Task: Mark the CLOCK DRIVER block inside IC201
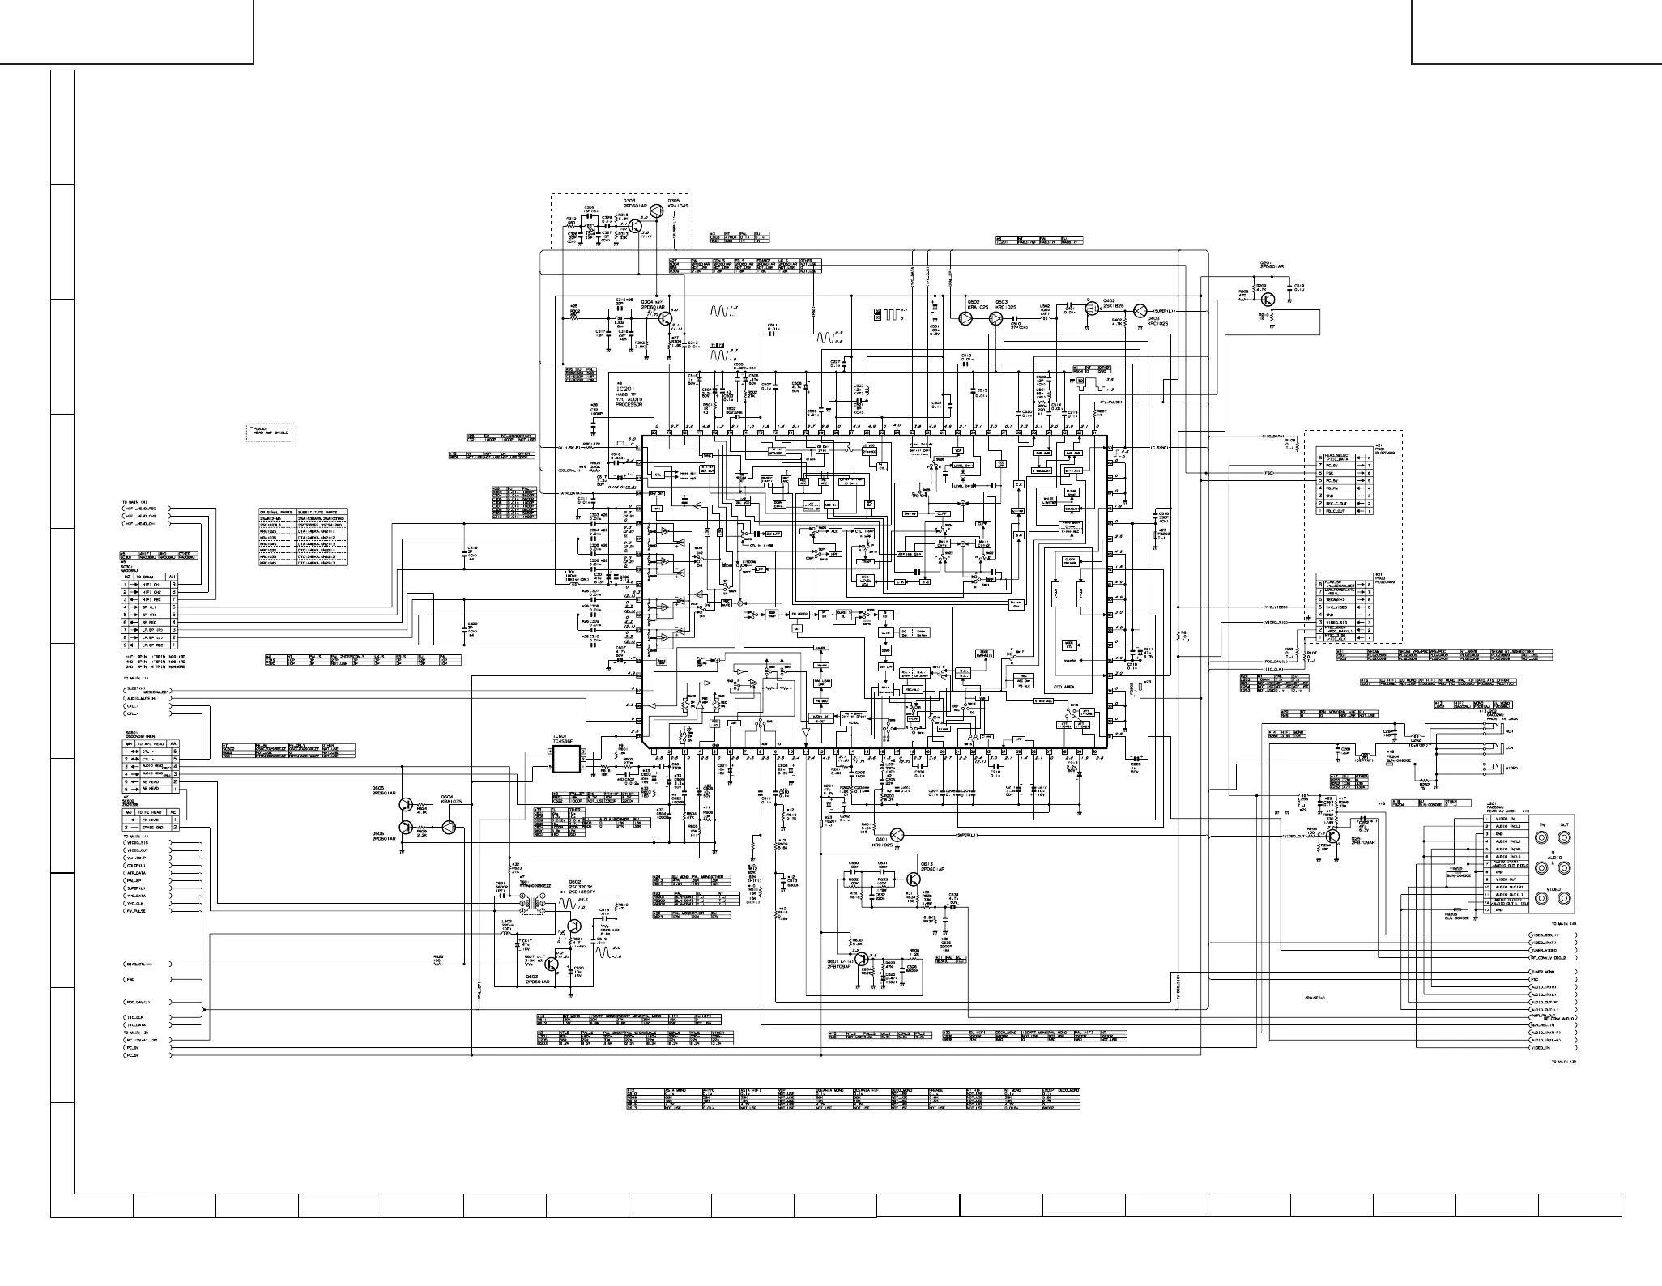[x=1069, y=560]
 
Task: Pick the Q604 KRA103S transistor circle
[x=450, y=826]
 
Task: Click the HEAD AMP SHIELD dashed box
[x=268, y=432]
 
